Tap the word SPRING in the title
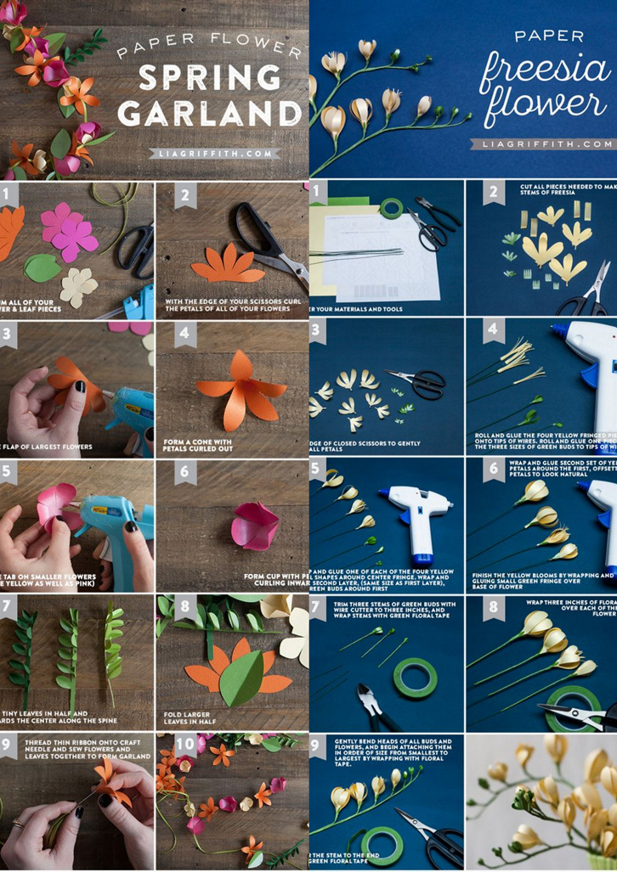pyautogui.click(x=209, y=77)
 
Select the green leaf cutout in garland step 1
pyautogui.click(x=42, y=268)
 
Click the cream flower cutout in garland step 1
pyautogui.click(x=78, y=286)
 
